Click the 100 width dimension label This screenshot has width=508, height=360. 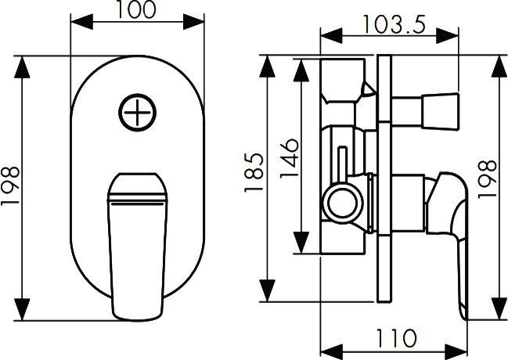[x=136, y=9]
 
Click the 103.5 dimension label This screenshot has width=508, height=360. [x=394, y=24]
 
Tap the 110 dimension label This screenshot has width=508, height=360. [x=396, y=338]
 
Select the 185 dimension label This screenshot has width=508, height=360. [x=254, y=172]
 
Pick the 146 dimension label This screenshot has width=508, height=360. [x=289, y=159]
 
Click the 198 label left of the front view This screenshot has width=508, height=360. [x=10, y=185]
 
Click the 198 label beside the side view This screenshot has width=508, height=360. [x=488, y=179]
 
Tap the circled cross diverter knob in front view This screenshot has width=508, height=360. [x=137, y=113]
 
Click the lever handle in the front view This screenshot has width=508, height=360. [x=137, y=247]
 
